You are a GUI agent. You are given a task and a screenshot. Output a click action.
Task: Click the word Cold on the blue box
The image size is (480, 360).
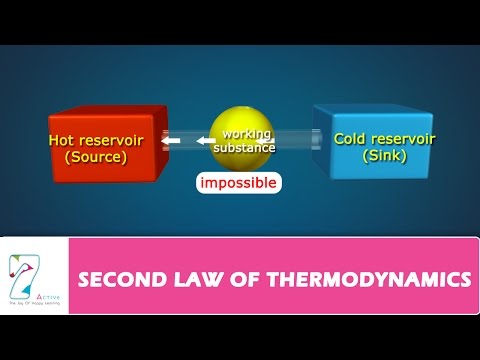tap(351, 140)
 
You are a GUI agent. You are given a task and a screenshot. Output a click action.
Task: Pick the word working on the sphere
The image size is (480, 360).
tap(247, 133)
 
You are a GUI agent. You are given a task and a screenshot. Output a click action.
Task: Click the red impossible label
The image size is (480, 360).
tap(238, 184)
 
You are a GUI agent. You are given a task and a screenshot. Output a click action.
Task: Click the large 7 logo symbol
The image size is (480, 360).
tap(21, 276)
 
